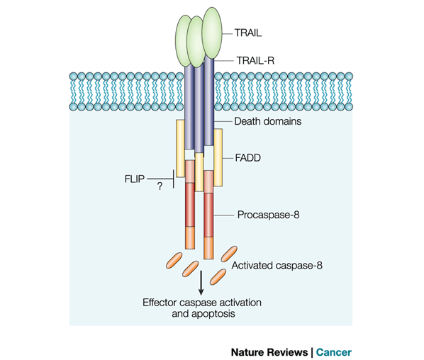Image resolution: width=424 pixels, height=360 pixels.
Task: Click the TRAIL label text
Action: pos(248,33)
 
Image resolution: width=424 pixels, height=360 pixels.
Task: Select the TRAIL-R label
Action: pos(255,60)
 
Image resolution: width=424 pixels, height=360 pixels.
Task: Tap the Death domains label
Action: pos(268,121)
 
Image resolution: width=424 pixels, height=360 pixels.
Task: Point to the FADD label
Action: pos(248,157)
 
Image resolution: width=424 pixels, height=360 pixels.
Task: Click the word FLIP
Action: pos(135,179)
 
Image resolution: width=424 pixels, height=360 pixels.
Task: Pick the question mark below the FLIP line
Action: pos(160,186)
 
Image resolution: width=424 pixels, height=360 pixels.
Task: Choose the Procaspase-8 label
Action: pos(268,215)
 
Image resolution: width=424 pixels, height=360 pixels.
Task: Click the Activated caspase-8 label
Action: pos(277,266)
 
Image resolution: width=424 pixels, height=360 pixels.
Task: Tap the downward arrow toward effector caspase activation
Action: pos(201,283)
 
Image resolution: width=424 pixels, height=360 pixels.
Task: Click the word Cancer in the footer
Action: pos(334,352)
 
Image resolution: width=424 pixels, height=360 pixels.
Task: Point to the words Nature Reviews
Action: pos(269,352)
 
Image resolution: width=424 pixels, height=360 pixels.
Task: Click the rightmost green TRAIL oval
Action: pos(212,33)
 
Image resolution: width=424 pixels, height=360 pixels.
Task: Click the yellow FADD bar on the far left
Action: pos(180,148)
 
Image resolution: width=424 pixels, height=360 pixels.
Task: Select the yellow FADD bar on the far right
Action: pos(218,157)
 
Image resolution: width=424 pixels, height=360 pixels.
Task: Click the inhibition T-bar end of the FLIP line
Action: pos(173,179)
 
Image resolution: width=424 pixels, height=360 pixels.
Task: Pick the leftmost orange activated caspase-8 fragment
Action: pos(174,261)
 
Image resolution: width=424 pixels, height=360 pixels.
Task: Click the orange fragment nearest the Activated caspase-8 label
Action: pos(229,254)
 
